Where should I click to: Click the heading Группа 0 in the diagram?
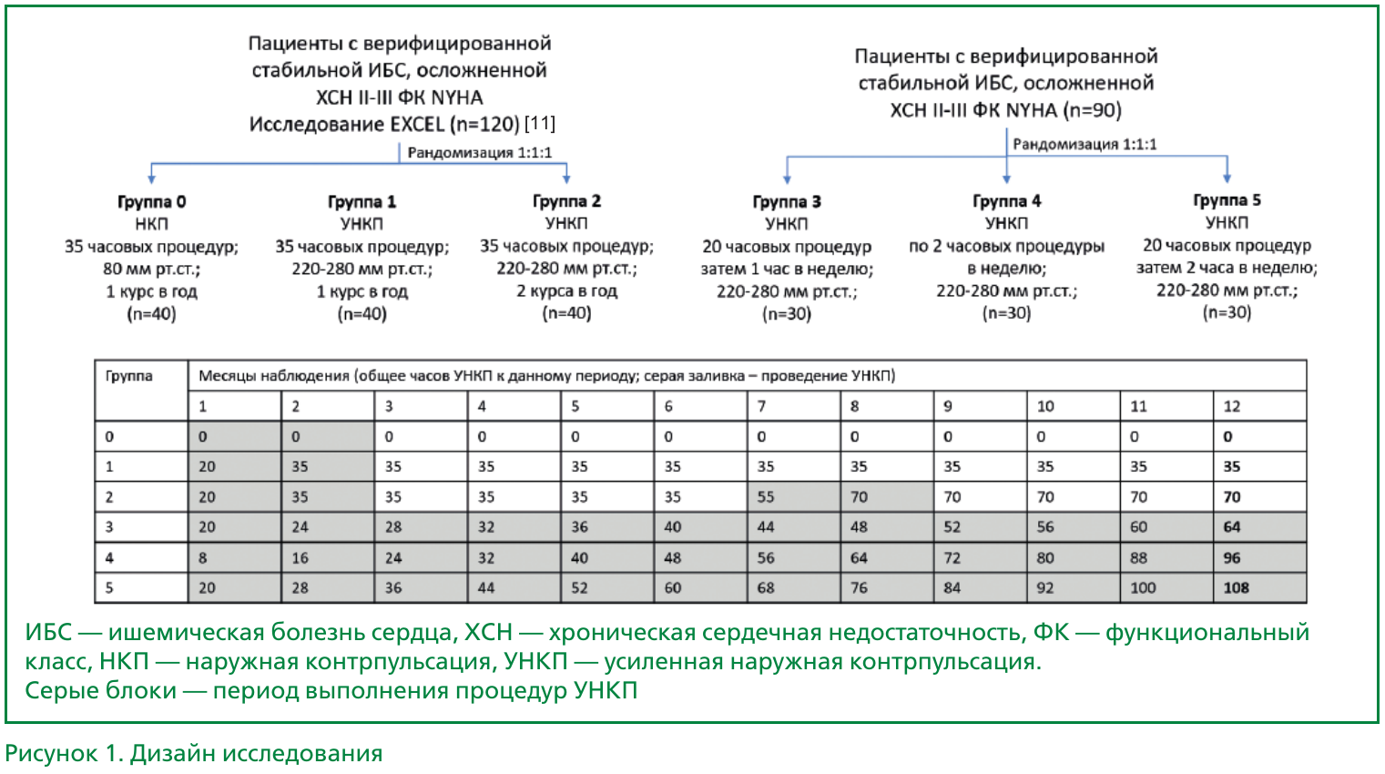click(151, 201)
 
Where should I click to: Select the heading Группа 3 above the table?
click(787, 201)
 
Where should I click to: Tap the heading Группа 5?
click(1227, 200)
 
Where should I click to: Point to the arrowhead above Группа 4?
click(1006, 178)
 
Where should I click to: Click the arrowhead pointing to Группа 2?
click(566, 178)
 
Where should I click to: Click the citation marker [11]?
click(540, 123)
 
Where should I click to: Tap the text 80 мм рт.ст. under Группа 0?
click(151, 269)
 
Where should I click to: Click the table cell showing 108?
click(1236, 587)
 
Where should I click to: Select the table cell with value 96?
click(1232, 557)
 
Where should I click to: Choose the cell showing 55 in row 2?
click(766, 496)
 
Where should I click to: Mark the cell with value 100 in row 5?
click(1143, 587)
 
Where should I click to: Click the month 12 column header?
click(1232, 406)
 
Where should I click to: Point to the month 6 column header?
click(668, 406)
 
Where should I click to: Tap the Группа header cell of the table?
click(129, 376)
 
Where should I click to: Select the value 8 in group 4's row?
click(202, 557)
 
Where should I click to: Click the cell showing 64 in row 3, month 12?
click(1232, 526)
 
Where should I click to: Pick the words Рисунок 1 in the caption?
click(63, 753)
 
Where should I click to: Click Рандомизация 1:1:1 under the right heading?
click(1085, 144)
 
